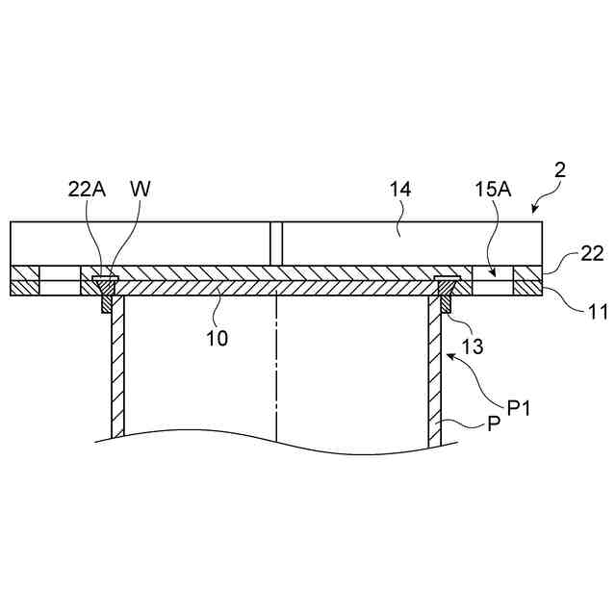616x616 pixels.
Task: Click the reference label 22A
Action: [x=87, y=190]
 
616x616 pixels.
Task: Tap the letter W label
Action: [x=141, y=190]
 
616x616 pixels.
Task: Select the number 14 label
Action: [x=400, y=190]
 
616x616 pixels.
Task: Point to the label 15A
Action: [x=493, y=190]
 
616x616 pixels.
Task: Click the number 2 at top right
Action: [x=560, y=170]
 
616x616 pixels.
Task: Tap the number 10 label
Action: [x=217, y=338]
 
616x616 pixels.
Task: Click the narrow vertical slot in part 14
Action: [x=276, y=244]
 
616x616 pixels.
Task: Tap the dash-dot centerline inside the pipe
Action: [x=277, y=366]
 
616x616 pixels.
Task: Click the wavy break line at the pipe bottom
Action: [x=279, y=443]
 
